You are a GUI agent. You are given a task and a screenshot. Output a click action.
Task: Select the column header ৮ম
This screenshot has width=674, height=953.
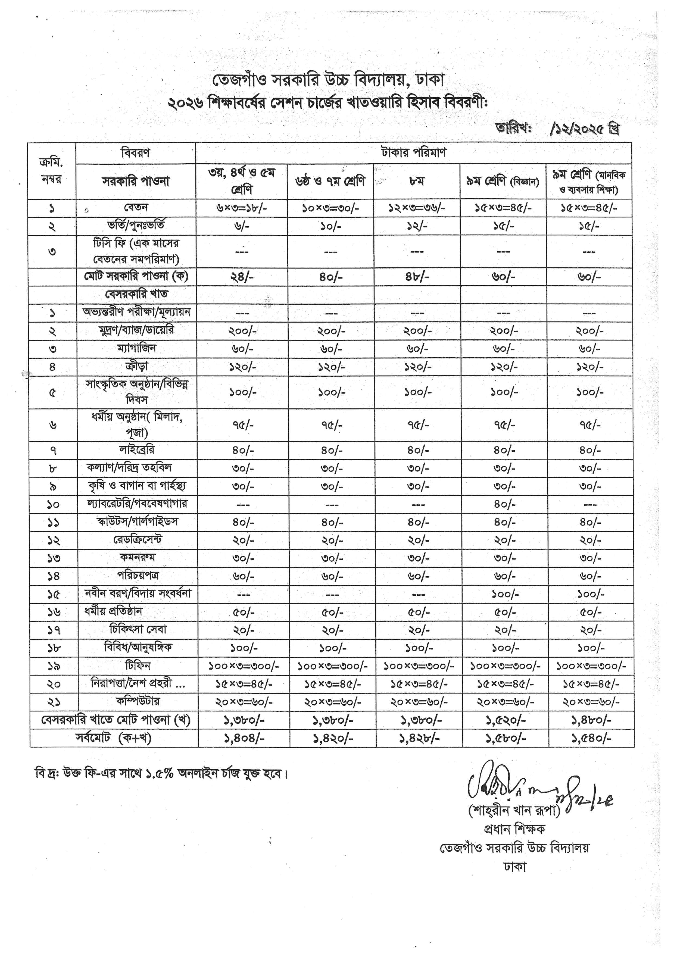(416, 181)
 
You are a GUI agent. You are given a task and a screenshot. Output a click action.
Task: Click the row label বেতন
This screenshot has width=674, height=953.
(136, 208)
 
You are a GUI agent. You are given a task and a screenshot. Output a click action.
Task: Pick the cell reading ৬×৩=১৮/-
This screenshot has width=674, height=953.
(242, 208)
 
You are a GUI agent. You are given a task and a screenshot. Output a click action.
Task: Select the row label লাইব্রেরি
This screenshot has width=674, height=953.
(136, 449)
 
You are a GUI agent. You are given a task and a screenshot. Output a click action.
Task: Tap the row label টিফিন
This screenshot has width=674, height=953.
(137, 665)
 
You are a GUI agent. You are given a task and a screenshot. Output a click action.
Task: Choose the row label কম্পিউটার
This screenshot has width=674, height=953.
(137, 701)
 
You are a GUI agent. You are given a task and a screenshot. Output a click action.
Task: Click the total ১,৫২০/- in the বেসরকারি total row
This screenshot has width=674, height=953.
(505, 720)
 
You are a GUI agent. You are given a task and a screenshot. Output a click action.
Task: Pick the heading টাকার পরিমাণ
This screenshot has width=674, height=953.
(413, 153)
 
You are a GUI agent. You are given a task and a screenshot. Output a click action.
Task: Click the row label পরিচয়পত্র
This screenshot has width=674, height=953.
(137, 575)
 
